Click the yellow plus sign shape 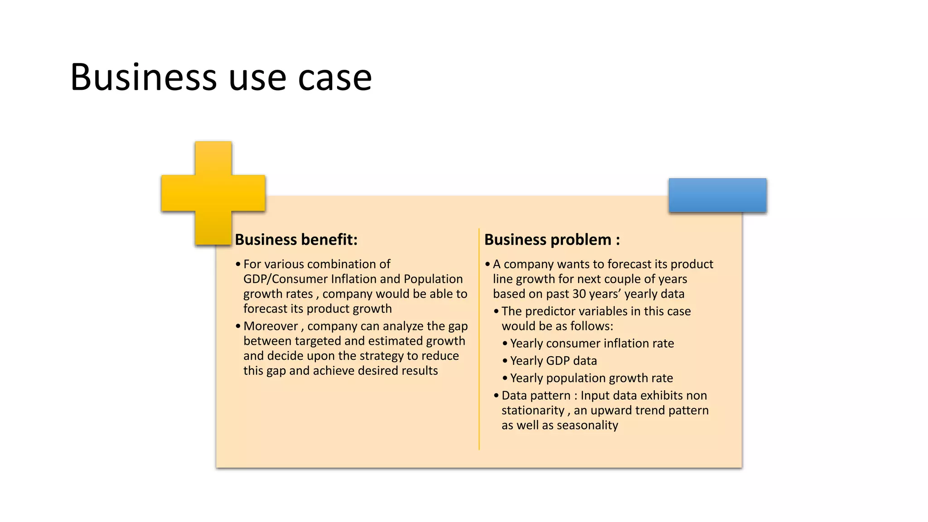click(x=213, y=193)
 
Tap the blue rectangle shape click(x=717, y=195)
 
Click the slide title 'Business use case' click(x=221, y=77)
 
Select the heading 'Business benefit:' click(x=296, y=239)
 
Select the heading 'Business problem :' click(x=552, y=239)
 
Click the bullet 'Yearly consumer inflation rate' click(x=592, y=343)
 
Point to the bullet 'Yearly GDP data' click(x=553, y=361)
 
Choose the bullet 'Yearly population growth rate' click(x=591, y=378)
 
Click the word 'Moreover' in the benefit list click(x=271, y=326)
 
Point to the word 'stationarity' click(x=533, y=411)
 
